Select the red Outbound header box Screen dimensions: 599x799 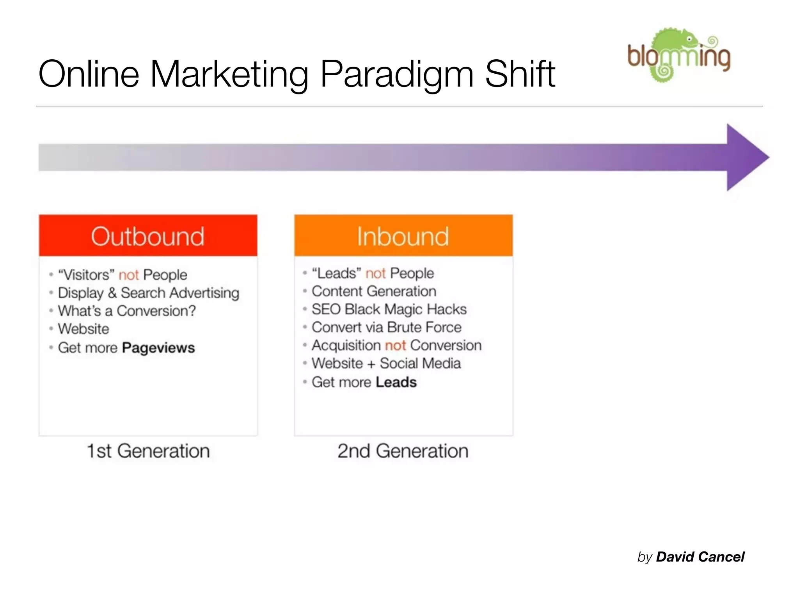pos(148,236)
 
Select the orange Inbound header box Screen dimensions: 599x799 pos(403,236)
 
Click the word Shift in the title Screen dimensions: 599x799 pos(520,74)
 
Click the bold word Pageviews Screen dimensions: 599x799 pos(158,347)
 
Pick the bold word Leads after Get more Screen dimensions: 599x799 pos(396,382)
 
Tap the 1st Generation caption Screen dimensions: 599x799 pos(148,451)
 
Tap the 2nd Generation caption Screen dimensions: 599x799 pos(403,451)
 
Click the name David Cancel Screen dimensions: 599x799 pos(700,557)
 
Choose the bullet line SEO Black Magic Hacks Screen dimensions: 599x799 pos(389,309)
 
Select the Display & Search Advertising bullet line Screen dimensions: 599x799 pos(148,293)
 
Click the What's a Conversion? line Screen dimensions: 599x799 pos(127,311)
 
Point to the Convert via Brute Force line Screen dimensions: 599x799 pos(386,327)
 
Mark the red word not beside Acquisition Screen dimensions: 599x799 pos(396,346)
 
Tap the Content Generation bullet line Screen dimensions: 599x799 pos(374,291)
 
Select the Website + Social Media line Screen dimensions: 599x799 pos(386,363)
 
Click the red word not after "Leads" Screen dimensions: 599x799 pos(375,273)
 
